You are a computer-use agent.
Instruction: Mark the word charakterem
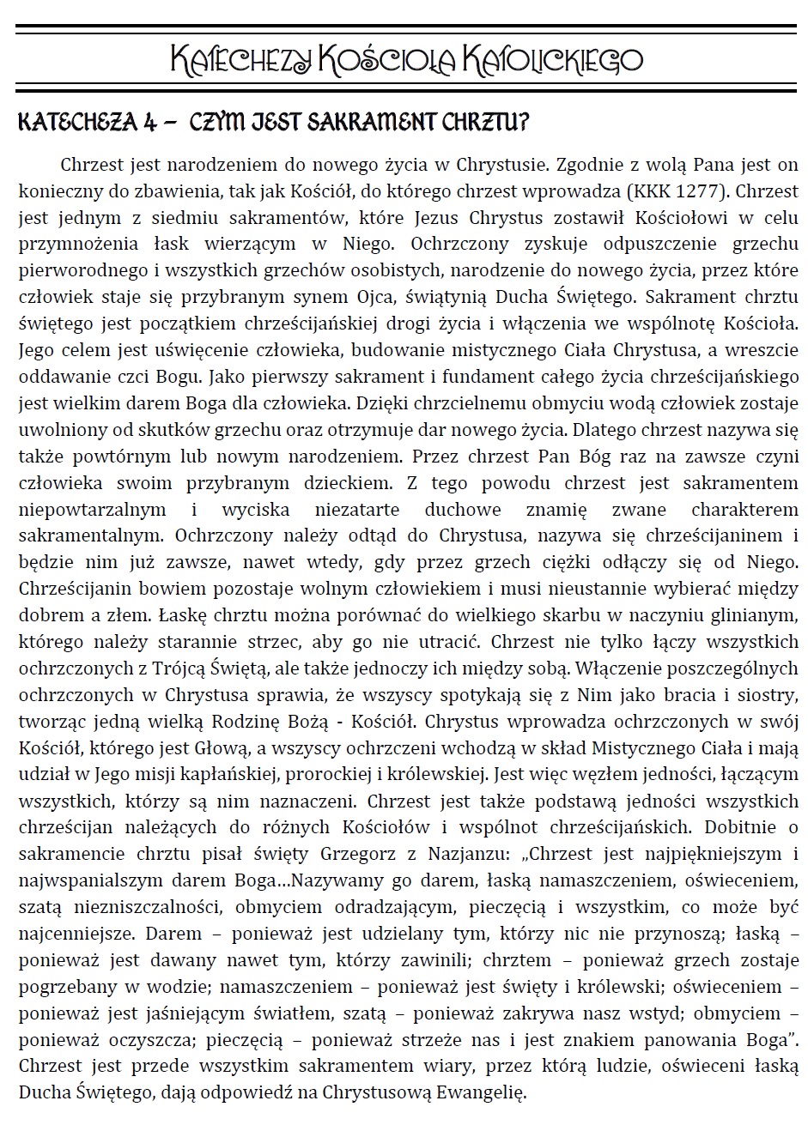pos(749,510)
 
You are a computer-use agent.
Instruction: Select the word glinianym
pos(758,616)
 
